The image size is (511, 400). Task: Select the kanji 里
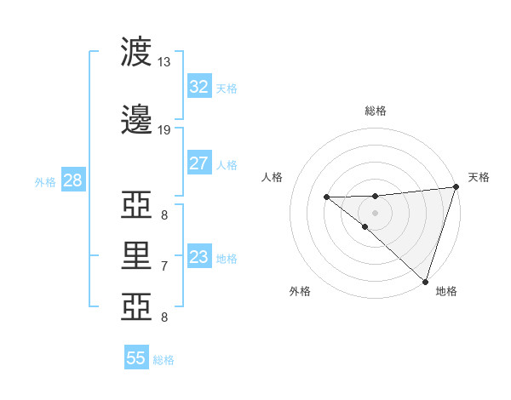point(138,254)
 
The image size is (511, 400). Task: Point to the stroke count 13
point(164,62)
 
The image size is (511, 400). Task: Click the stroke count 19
point(164,130)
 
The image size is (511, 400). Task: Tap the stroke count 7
point(164,266)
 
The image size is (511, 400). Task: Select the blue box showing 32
point(198,86)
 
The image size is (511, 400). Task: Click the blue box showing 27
point(198,163)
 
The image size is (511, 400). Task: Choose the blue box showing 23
point(198,257)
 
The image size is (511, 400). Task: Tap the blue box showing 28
point(72,180)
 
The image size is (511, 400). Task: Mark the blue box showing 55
point(136,358)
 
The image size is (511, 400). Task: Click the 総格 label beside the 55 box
point(164,360)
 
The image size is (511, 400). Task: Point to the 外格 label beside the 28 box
point(45,182)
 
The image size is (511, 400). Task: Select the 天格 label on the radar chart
point(479,177)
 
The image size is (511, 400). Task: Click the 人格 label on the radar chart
point(272,177)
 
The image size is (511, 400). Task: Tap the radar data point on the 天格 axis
point(456,187)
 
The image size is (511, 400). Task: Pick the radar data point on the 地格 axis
point(424,281)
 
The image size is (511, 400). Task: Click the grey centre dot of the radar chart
point(375,211)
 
